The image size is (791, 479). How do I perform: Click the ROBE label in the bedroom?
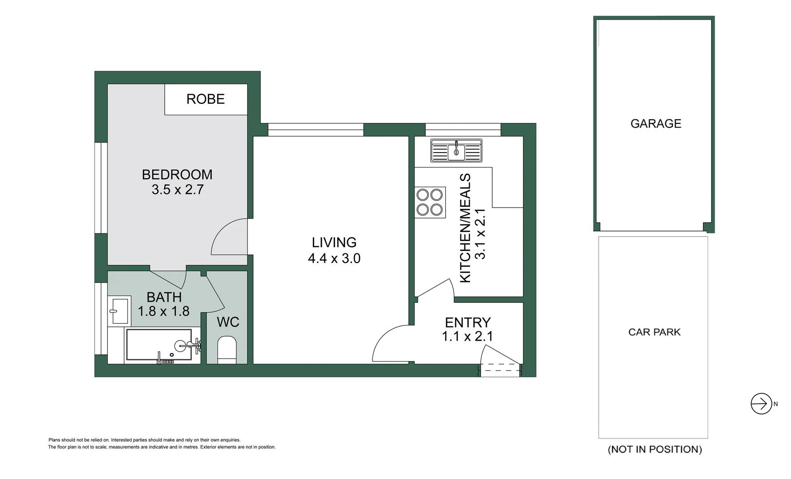coord(206,99)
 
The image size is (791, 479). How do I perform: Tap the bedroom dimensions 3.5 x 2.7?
coord(178,190)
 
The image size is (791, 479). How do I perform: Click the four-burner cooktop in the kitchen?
coord(430,202)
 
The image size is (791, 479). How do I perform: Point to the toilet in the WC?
coord(227,349)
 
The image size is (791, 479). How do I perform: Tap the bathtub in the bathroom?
coord(158,345)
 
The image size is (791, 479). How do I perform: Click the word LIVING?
coord(334,243)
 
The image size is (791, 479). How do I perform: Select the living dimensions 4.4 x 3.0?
coord(334,258)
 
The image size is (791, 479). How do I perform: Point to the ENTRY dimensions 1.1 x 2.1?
coord(467,337)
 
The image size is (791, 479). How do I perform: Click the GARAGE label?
coord(656,124)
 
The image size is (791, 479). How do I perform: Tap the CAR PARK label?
coord(654,332)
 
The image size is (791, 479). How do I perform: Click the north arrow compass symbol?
coord(761,404)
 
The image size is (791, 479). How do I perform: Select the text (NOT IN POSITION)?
coord(655,449)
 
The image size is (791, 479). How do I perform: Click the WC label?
coord(228,322)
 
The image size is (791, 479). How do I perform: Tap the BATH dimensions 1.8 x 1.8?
coord(164,311)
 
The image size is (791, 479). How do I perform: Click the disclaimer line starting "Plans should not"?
coord(144,440)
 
